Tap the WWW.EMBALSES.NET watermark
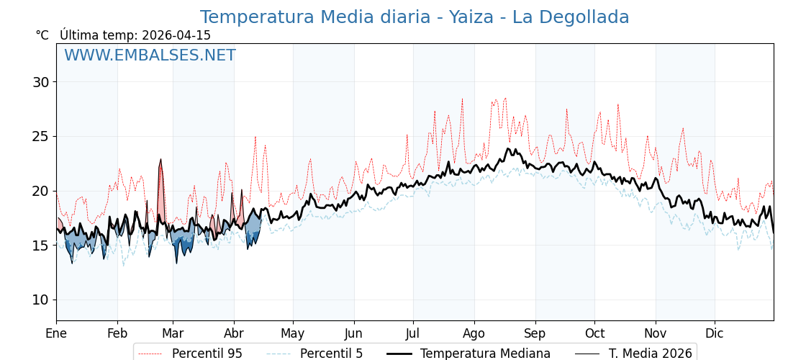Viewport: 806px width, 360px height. point(150,55)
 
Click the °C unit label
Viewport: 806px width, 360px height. point(42,35)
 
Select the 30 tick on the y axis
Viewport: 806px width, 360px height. point(40,82)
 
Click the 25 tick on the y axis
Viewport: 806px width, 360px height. point(40,137)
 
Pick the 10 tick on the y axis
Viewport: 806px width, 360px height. point(40,300)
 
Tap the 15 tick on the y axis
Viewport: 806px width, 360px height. point(40,246)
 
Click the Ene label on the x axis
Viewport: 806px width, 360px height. point(56,333)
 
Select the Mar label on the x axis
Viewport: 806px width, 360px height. point(173,333)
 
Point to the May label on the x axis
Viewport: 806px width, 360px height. point(293,333)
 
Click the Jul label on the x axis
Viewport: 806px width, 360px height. point(413,333)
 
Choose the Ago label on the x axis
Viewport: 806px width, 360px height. point(474,333)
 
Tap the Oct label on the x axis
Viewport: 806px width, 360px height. point(594,333)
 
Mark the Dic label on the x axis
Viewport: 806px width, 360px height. point(715,333)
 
